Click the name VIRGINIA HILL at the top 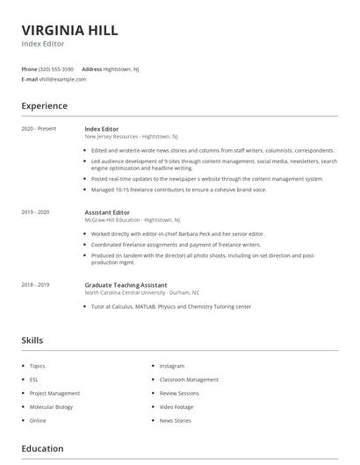pyautogui.click(x=69, y=30)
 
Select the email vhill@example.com pyautogui.click(x=62, y=79)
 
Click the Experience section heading pyautogui.click(x=44, y=106)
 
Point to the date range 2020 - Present pyautogui.click(x=39, y=129)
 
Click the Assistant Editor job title pyautogui.click(x=107, y=212)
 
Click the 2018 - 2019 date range pyautogui.click(x=35, y=285)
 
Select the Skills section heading pyautogui.click(x=32, y=340)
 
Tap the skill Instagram pyautogui.click(x=172, y=366)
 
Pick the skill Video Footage pyautogui.click(x=176, y=407)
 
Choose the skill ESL pyautogui.click(x=34, y=380)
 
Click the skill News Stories pyautogui.click(x=175, y=421)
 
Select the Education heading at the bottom pyautogui.click(x=42, y=448)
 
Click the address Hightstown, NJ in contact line pyautogui.click(x=121, y=68)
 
